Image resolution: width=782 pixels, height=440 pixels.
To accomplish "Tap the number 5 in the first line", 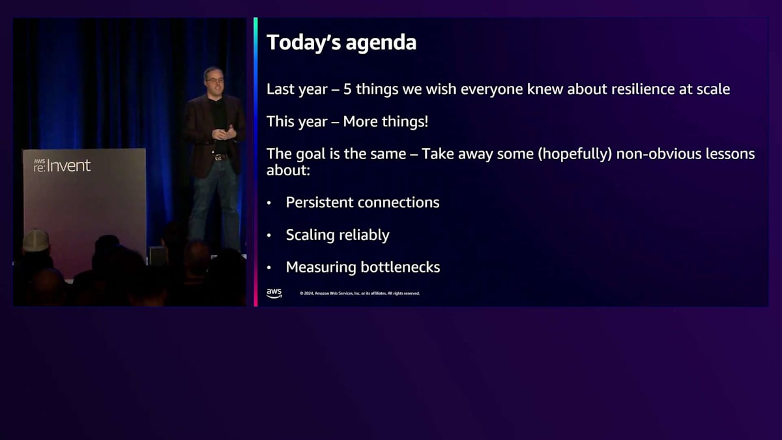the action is coord(347,89).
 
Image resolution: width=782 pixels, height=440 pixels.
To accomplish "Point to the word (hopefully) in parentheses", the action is coord(575,154).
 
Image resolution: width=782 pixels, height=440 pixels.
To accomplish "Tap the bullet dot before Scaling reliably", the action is coord(268,235).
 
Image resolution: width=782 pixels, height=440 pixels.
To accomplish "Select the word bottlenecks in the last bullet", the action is coord(400,267).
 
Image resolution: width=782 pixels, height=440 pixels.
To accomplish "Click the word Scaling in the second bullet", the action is coord(310,235).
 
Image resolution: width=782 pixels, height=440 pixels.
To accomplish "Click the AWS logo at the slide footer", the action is coord(274,293).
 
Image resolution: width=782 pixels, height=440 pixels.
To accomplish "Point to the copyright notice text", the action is coord(360,293).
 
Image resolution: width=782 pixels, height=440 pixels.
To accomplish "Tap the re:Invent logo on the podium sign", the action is coord(62,166).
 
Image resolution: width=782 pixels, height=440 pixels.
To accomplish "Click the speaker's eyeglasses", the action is coord(214,80).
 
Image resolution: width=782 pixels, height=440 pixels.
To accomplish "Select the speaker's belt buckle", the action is coord(218,158).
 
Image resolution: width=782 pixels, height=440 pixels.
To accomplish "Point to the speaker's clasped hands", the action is coord(224,134).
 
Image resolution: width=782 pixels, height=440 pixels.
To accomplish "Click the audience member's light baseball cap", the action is coord(36,241).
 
